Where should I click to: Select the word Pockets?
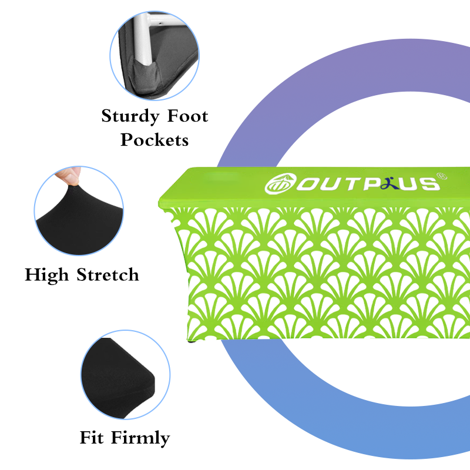[x=155, y=140]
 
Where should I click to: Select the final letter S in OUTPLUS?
[x=431, y=183]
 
